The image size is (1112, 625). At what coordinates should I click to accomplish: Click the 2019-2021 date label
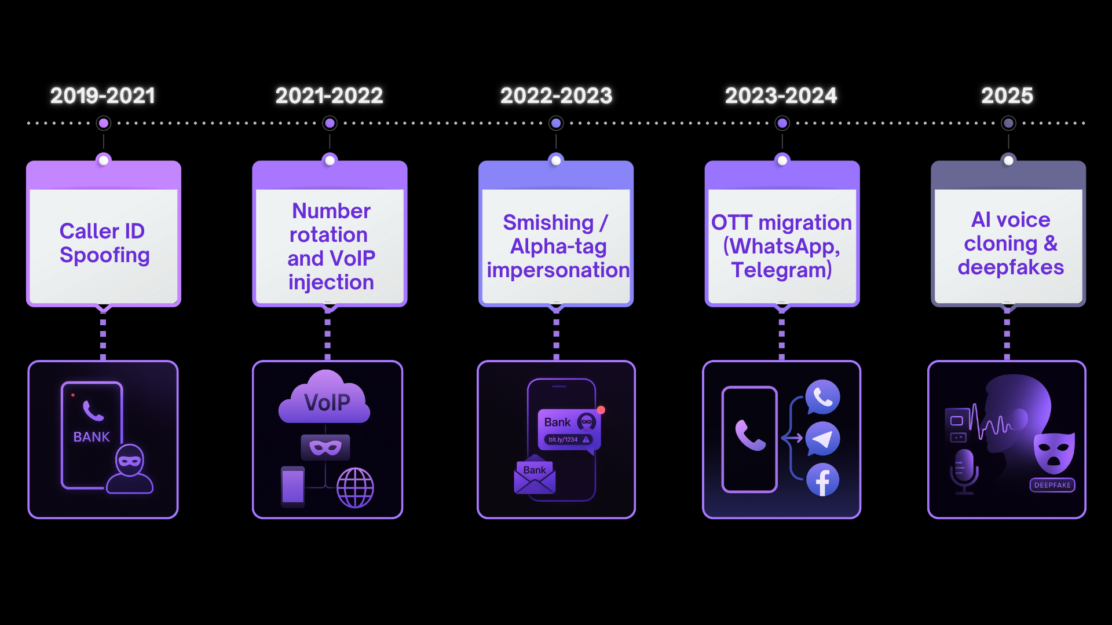103,95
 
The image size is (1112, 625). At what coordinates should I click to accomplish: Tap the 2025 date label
1007,95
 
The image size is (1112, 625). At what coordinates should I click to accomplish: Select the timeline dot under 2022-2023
556,123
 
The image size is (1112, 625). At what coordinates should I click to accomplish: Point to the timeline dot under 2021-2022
330,123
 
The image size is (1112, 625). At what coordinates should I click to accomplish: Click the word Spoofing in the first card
105,255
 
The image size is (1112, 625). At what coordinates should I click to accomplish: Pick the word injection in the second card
331,282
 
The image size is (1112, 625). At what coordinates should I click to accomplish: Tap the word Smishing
548,222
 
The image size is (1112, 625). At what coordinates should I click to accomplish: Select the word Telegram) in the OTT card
781,270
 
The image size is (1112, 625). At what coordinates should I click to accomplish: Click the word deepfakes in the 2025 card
1011,267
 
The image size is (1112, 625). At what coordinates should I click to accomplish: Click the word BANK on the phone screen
92,437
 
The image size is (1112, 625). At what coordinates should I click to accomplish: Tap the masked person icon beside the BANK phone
130,469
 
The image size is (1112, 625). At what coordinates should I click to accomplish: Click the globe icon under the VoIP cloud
355,487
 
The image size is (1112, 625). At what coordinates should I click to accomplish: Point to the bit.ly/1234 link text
563,440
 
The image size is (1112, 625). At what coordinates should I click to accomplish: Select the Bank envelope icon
535,477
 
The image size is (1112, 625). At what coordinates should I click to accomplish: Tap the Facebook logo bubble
822,480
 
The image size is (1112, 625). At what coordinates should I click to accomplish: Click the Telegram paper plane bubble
822,439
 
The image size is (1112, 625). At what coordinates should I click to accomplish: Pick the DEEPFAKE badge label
1052,485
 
